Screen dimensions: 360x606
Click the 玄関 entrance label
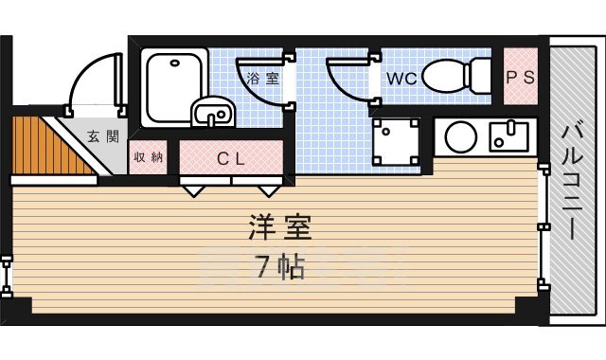104,135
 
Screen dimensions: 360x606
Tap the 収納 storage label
149,157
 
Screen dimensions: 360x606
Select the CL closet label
231,158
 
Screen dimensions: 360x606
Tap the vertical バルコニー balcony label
574,181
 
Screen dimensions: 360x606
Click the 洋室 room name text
280,227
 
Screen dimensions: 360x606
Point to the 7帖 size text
280,267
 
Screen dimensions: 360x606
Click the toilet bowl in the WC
452,76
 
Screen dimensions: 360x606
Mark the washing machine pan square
396,139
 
